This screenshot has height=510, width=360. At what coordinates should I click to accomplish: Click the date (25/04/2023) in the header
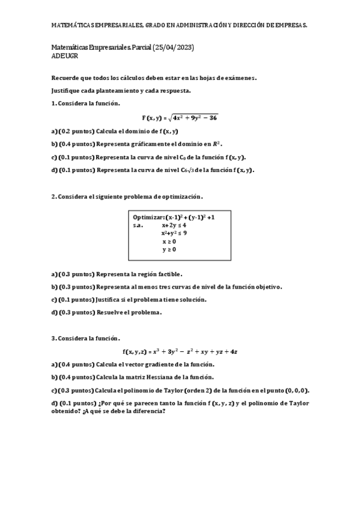coord(174,47)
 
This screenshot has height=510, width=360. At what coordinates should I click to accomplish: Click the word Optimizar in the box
coord(148,217)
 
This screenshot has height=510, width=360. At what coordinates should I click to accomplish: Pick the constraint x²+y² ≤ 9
coord(174,233)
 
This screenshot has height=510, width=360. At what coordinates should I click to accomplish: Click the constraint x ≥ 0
coord(169,241)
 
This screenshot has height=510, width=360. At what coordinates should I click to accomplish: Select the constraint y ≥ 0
coord(169,249)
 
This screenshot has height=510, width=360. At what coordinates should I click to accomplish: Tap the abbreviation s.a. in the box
coord(138,225)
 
